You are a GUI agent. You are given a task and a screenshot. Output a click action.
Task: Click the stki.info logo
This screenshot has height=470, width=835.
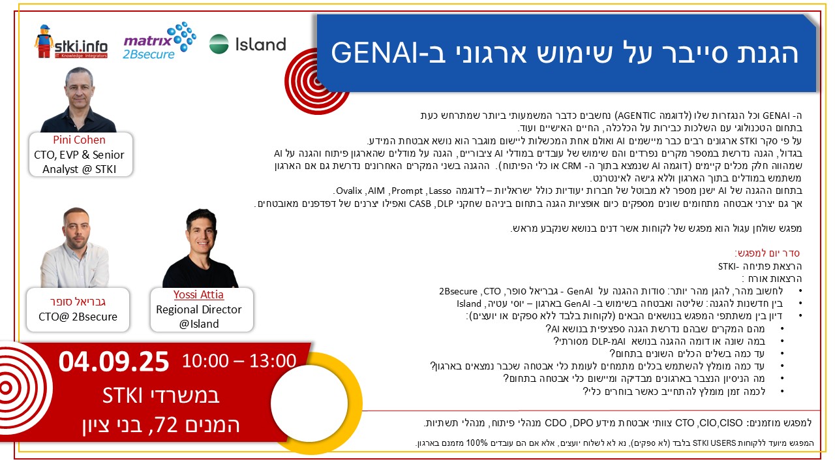71,42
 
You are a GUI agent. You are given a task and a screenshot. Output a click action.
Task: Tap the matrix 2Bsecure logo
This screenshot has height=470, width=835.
160,41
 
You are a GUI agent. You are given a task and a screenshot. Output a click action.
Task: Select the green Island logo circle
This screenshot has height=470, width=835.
219,44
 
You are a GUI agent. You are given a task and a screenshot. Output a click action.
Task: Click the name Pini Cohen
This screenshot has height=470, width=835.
79,140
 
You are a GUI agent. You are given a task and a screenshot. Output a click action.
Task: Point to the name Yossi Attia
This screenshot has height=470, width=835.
198,294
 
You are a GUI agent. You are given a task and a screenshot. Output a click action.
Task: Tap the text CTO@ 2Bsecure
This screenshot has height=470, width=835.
78,317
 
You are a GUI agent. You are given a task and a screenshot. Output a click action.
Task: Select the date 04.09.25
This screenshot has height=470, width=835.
114,362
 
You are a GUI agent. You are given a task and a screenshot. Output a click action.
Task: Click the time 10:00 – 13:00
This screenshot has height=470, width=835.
239,361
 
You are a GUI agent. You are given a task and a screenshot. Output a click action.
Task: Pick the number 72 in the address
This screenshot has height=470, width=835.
166,425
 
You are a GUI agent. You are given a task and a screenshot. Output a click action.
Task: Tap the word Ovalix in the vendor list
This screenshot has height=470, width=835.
349,191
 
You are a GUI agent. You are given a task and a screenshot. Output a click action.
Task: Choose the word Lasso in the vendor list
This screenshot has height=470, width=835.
440,191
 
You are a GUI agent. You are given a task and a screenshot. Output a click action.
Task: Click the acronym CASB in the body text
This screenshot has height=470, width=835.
420,204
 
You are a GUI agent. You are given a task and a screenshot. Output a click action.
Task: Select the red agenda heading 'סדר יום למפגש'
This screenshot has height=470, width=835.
767,253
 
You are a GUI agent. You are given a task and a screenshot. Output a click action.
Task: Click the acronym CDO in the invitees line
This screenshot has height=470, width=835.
555,423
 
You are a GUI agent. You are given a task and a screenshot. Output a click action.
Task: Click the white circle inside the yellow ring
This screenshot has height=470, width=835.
309,403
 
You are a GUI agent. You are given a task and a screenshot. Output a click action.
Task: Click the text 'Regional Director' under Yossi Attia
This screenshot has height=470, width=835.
199,309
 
